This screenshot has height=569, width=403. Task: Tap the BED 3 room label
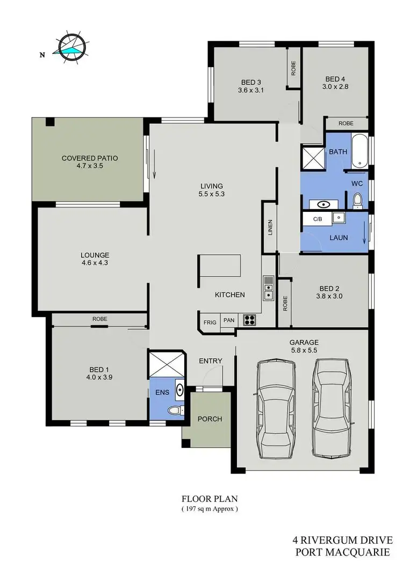251,82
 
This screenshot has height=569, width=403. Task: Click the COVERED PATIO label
90,158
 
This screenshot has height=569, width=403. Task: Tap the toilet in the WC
357,201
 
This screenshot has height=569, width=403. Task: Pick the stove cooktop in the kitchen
250,320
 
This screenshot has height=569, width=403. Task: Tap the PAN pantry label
229,321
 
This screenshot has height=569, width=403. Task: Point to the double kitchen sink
268,287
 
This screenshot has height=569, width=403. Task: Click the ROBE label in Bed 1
99,319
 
